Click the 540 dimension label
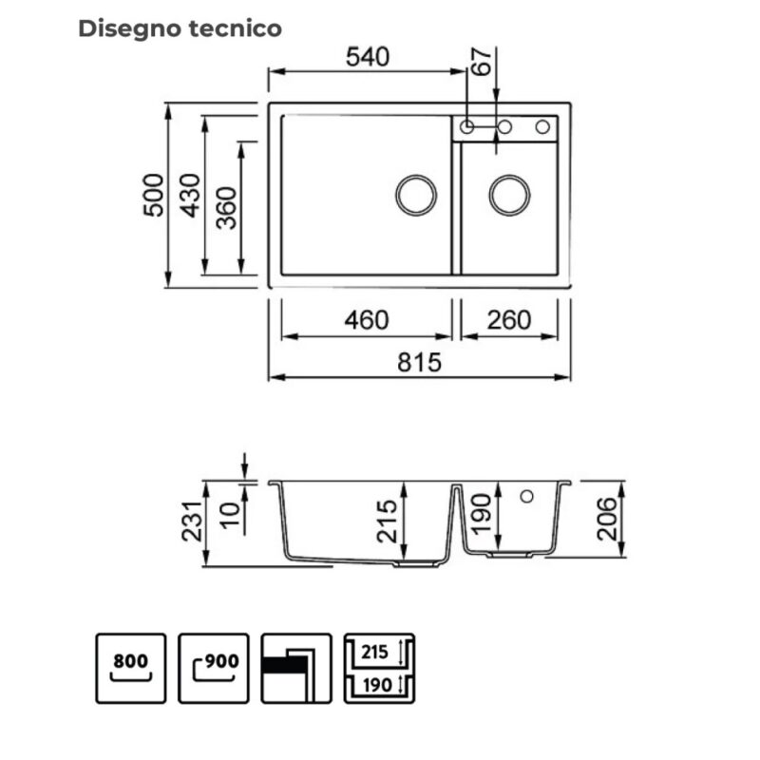[x=368, y=57]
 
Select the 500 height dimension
[x=154, y=195]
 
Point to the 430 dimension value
[x=190, y=195]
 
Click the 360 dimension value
[x=226, y=208]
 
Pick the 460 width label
[x=367, y=320]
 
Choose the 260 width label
[x=509, y=320]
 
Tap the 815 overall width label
[x=419, y=363]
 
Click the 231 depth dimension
[x=192, y=522]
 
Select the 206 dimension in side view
[x=607, y=519]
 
